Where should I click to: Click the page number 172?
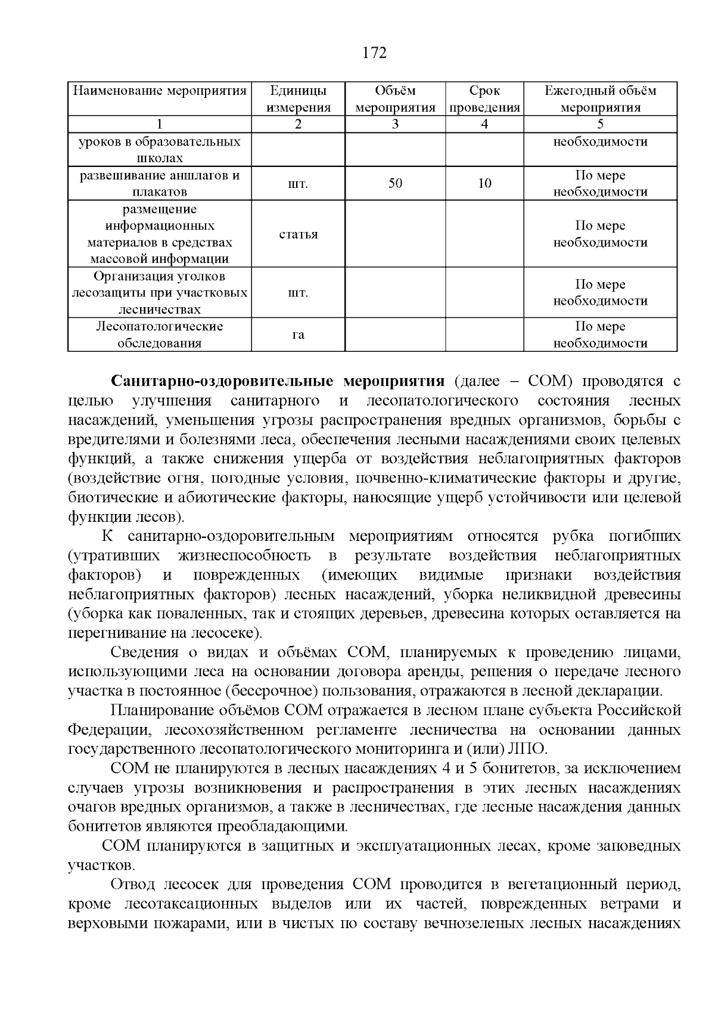coord(374,53)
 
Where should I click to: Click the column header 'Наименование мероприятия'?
coord(160,91)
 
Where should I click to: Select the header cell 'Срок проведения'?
coord(484,99)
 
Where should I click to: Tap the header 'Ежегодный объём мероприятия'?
coord(600,99)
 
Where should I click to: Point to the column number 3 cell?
coord(395,124)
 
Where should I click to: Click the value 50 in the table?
coord(395,183)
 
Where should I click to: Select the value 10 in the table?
coord(484,183)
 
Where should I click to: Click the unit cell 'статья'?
coord(298,234)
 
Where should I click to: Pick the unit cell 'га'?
coord(298,335)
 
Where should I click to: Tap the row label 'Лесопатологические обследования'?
coord(160,335)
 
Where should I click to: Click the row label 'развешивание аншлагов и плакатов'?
coord(160,183)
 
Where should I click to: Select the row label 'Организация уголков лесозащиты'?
coord(160,292)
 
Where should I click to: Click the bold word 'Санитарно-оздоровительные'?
coord(225,382)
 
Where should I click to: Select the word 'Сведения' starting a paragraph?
coord(139,652)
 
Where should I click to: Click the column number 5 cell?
coord(600,124)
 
